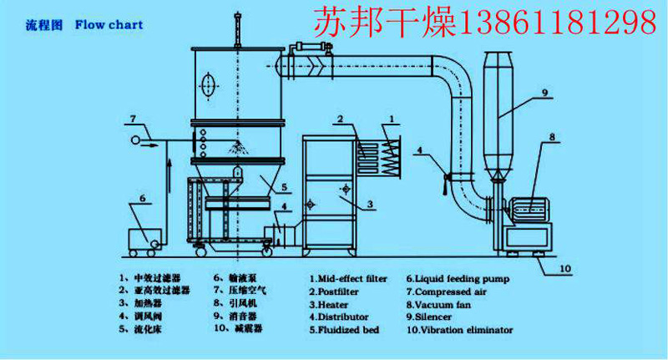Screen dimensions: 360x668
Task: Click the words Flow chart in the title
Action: coord(109,25)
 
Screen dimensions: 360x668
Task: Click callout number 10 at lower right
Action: coord(564,268)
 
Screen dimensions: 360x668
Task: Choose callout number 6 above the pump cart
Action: coord(142,198)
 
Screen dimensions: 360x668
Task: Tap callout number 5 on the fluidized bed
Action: coord(285,186)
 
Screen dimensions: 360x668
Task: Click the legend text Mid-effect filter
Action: coord(352,279)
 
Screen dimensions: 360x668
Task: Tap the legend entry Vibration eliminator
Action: coord(460,330)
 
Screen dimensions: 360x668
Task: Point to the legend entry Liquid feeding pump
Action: coord(458,279)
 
